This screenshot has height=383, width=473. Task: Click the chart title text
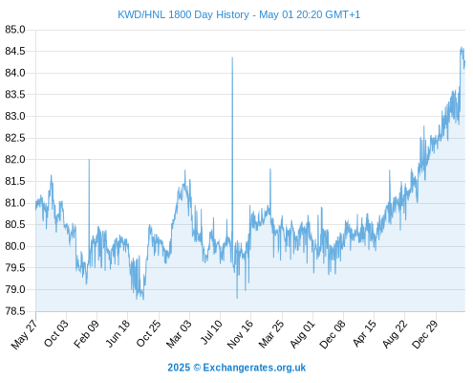[239, 15]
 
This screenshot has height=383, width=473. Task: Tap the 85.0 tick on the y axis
[15, 30]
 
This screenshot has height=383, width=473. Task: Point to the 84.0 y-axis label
[15, 73]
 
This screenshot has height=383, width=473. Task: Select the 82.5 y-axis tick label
[15, 138]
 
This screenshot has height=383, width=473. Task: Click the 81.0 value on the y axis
[15, 203]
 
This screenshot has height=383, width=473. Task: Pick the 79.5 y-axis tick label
[15, 268]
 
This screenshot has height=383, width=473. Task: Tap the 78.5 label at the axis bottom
[15, 311]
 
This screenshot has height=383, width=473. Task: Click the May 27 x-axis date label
[24, 334]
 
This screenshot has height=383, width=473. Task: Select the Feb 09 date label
[86, 334]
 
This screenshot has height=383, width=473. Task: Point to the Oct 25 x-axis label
[148, 334]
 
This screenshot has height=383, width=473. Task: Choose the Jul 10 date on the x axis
[211, 333]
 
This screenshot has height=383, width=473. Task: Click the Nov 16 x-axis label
[240, 334]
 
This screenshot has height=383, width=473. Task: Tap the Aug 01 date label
[302, 334]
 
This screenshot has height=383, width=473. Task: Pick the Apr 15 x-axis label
[364, 334]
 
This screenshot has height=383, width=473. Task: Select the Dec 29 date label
[425, 334]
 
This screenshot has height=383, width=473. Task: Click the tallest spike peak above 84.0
[232, 57]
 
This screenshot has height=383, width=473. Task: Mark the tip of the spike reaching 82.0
[89, 159]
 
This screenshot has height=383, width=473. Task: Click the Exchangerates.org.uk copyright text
[237, 368]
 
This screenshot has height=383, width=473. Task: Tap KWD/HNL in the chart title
[141, 15]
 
